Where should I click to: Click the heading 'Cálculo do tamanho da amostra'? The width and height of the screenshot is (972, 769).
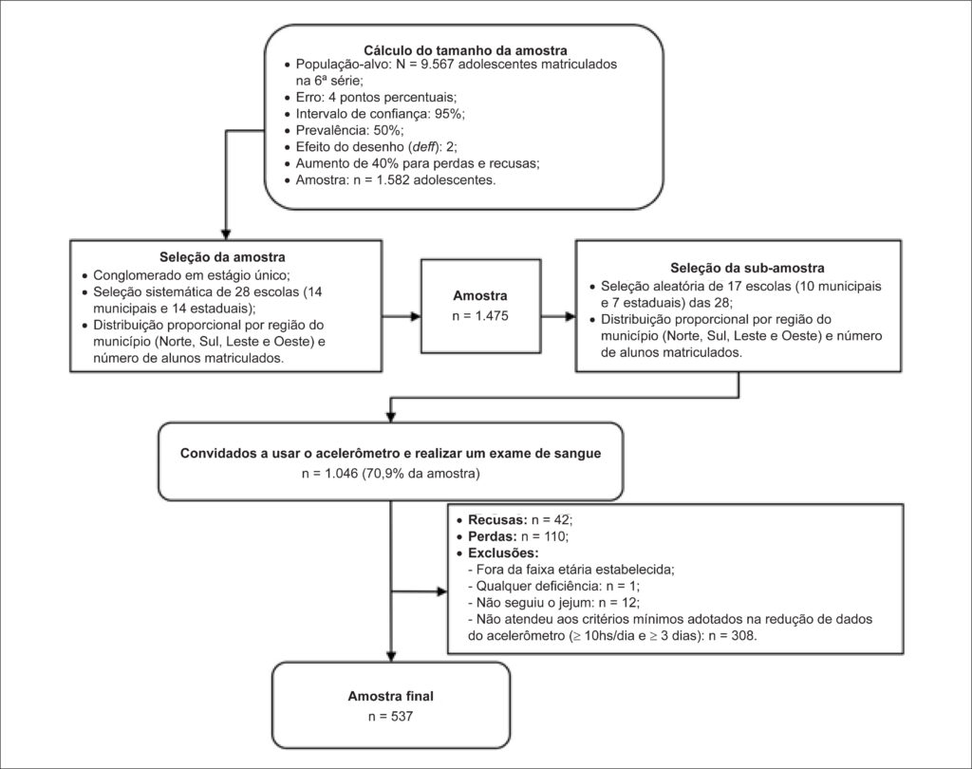coord(465,50)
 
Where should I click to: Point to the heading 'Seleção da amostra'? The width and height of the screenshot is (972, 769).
coord(222,256)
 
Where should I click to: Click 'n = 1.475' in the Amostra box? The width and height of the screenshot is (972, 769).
coord(479,315)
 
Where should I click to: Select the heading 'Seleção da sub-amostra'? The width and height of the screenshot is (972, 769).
coord(747,268)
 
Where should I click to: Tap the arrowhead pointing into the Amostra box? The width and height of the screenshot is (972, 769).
coord(415,317)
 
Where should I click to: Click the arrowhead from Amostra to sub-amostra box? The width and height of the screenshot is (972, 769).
coord(570,317)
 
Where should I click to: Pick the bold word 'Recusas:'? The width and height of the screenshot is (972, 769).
coord(497,519)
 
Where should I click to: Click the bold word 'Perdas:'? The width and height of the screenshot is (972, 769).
coord(493,536)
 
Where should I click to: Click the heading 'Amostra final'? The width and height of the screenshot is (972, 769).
coord(390,696)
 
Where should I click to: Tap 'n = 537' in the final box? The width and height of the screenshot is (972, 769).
coord(390,716)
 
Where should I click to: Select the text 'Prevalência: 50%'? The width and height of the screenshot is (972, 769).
coord(348,130)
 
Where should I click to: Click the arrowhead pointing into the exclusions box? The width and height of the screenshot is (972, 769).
coord(440,591)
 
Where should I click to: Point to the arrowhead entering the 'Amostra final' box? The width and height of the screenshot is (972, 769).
coord(391,655)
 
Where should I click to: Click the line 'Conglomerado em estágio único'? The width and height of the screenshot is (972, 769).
coord(190,275)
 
